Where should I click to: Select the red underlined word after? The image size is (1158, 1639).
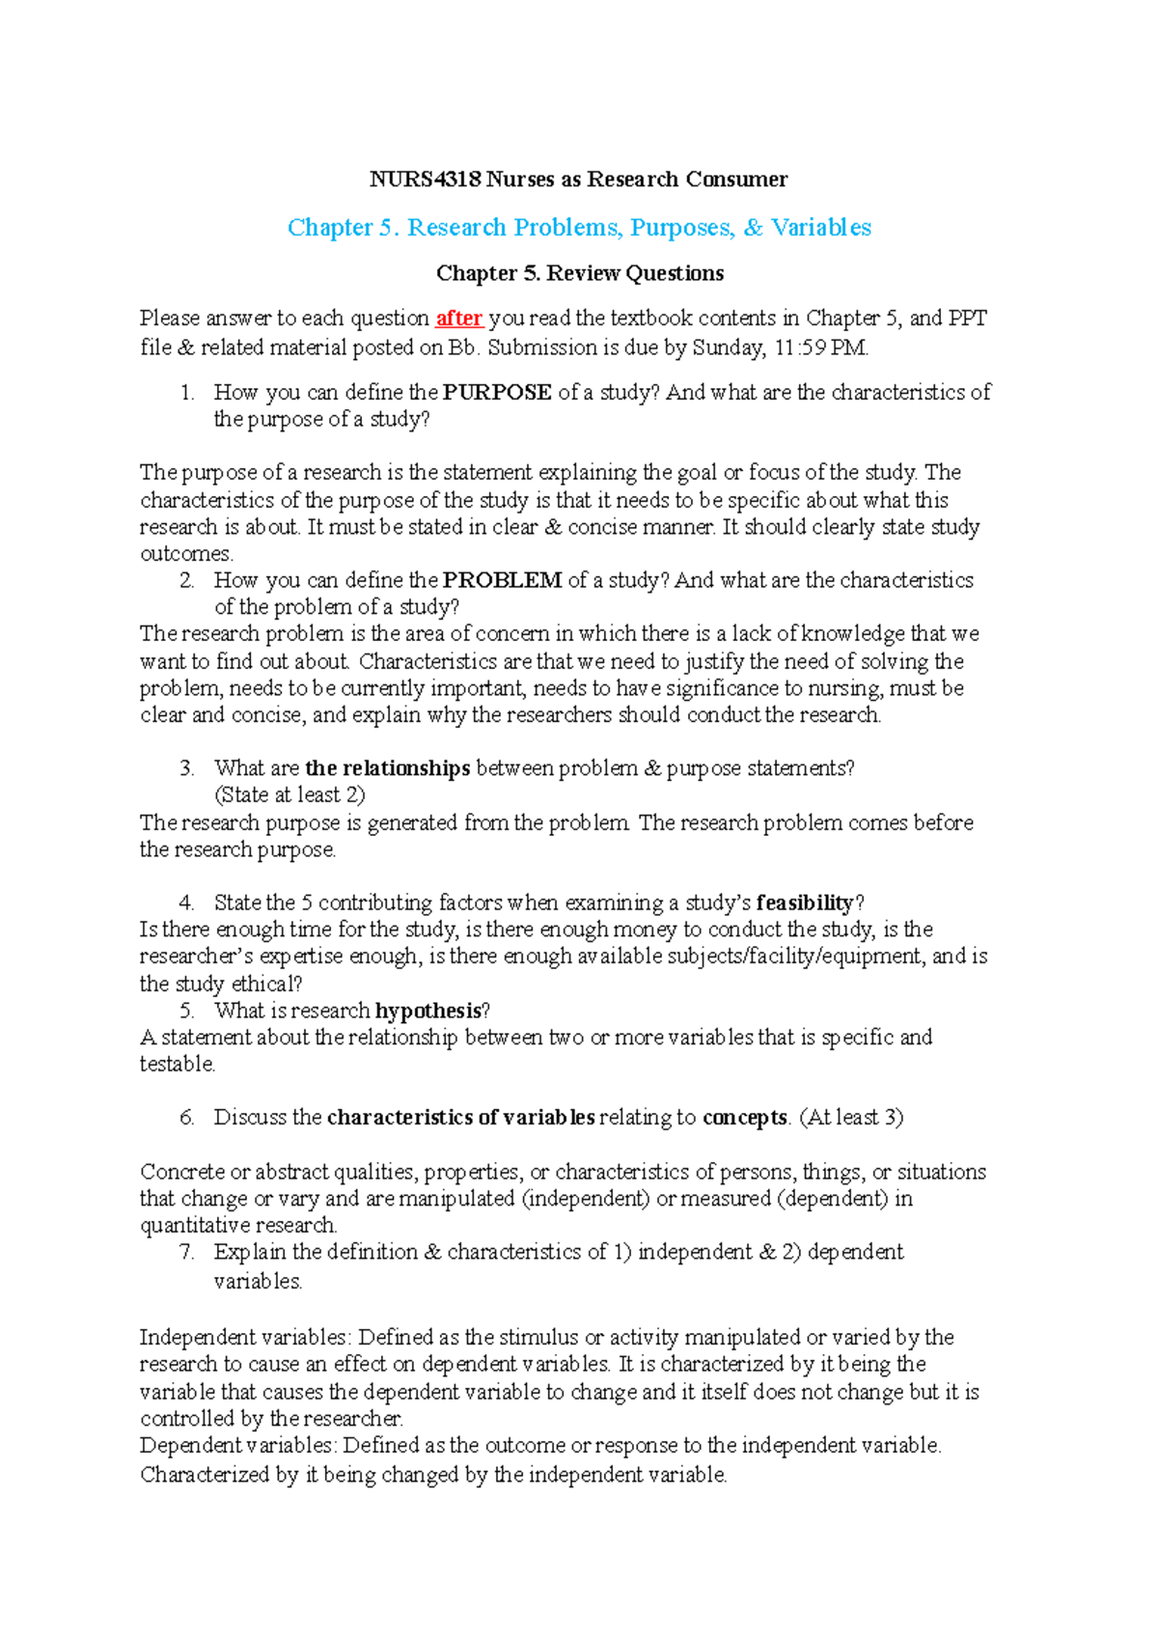459,319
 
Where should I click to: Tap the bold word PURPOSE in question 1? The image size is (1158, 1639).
497,393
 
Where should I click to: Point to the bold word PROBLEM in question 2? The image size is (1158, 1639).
502,580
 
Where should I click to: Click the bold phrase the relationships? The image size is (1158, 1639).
387,768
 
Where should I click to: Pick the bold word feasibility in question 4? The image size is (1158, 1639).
805,903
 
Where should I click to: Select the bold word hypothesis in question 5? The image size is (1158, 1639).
427,1011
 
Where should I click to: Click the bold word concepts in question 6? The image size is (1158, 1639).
744,1118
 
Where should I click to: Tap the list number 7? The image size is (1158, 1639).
187,1252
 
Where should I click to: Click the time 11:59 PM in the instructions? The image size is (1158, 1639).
821,347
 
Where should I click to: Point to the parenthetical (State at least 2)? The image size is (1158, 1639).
289,795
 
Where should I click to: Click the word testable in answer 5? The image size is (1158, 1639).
177,1064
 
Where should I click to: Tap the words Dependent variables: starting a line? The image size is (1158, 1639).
237,1446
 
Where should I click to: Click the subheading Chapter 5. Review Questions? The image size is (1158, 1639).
580,273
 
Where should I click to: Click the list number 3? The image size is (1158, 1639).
187,768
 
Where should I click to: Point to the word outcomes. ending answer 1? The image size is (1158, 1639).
186,554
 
